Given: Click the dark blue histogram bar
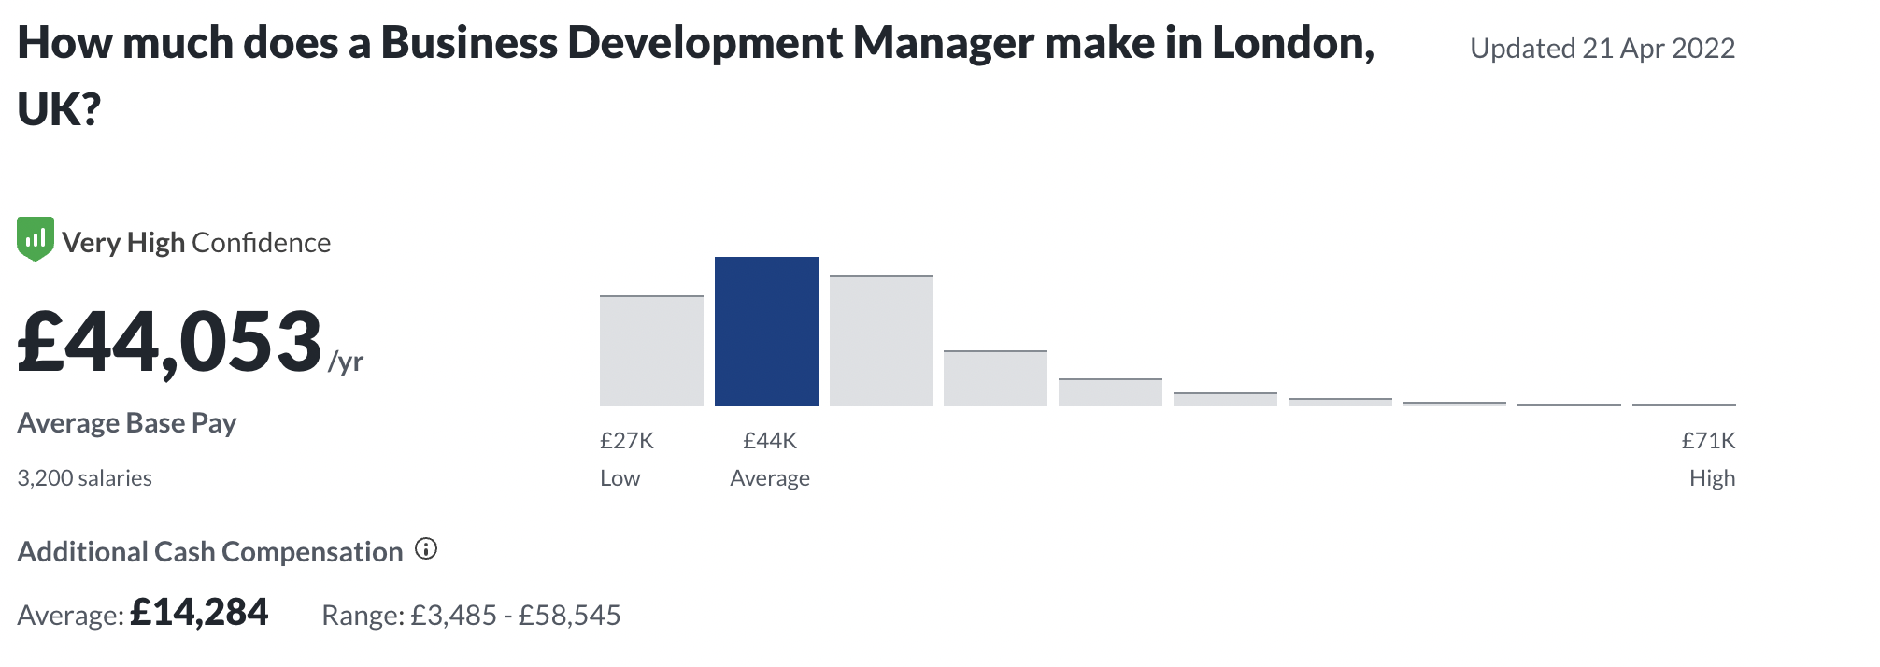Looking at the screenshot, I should click(x=766, y=332).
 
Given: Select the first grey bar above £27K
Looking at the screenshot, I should click(x=651, y=351).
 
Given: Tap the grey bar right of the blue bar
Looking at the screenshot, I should click(x=880, y=341).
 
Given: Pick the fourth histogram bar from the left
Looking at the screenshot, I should click(x=995, y=378).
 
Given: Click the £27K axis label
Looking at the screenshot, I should click(x=626, y=440).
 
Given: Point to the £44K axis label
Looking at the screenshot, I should click(x=770, y=440).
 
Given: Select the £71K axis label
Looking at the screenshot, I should click(x=1708, y=440).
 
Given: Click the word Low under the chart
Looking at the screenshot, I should click(x=620, y=478).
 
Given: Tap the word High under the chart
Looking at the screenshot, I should click(x=1712, y=478).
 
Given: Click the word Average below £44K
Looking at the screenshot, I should click(x=770, y=478).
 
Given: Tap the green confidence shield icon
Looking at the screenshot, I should click(x=36, y=239).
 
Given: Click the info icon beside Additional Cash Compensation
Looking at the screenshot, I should click(x=426, y=549).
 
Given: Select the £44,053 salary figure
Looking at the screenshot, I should click(x=170, y=342).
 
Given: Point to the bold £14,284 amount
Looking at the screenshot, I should click(x=199, y=613).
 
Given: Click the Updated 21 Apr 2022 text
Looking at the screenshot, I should click(x=1602, y=48).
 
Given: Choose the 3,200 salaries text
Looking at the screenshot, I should click(x=84, y=478).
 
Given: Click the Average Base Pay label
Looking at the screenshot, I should click(x=127, y=423).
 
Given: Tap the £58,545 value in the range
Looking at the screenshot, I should click(x=570, y=616).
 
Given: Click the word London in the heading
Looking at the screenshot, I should click(x=1293, y=43).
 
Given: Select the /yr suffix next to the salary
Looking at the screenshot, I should click(x=346, y=362).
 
